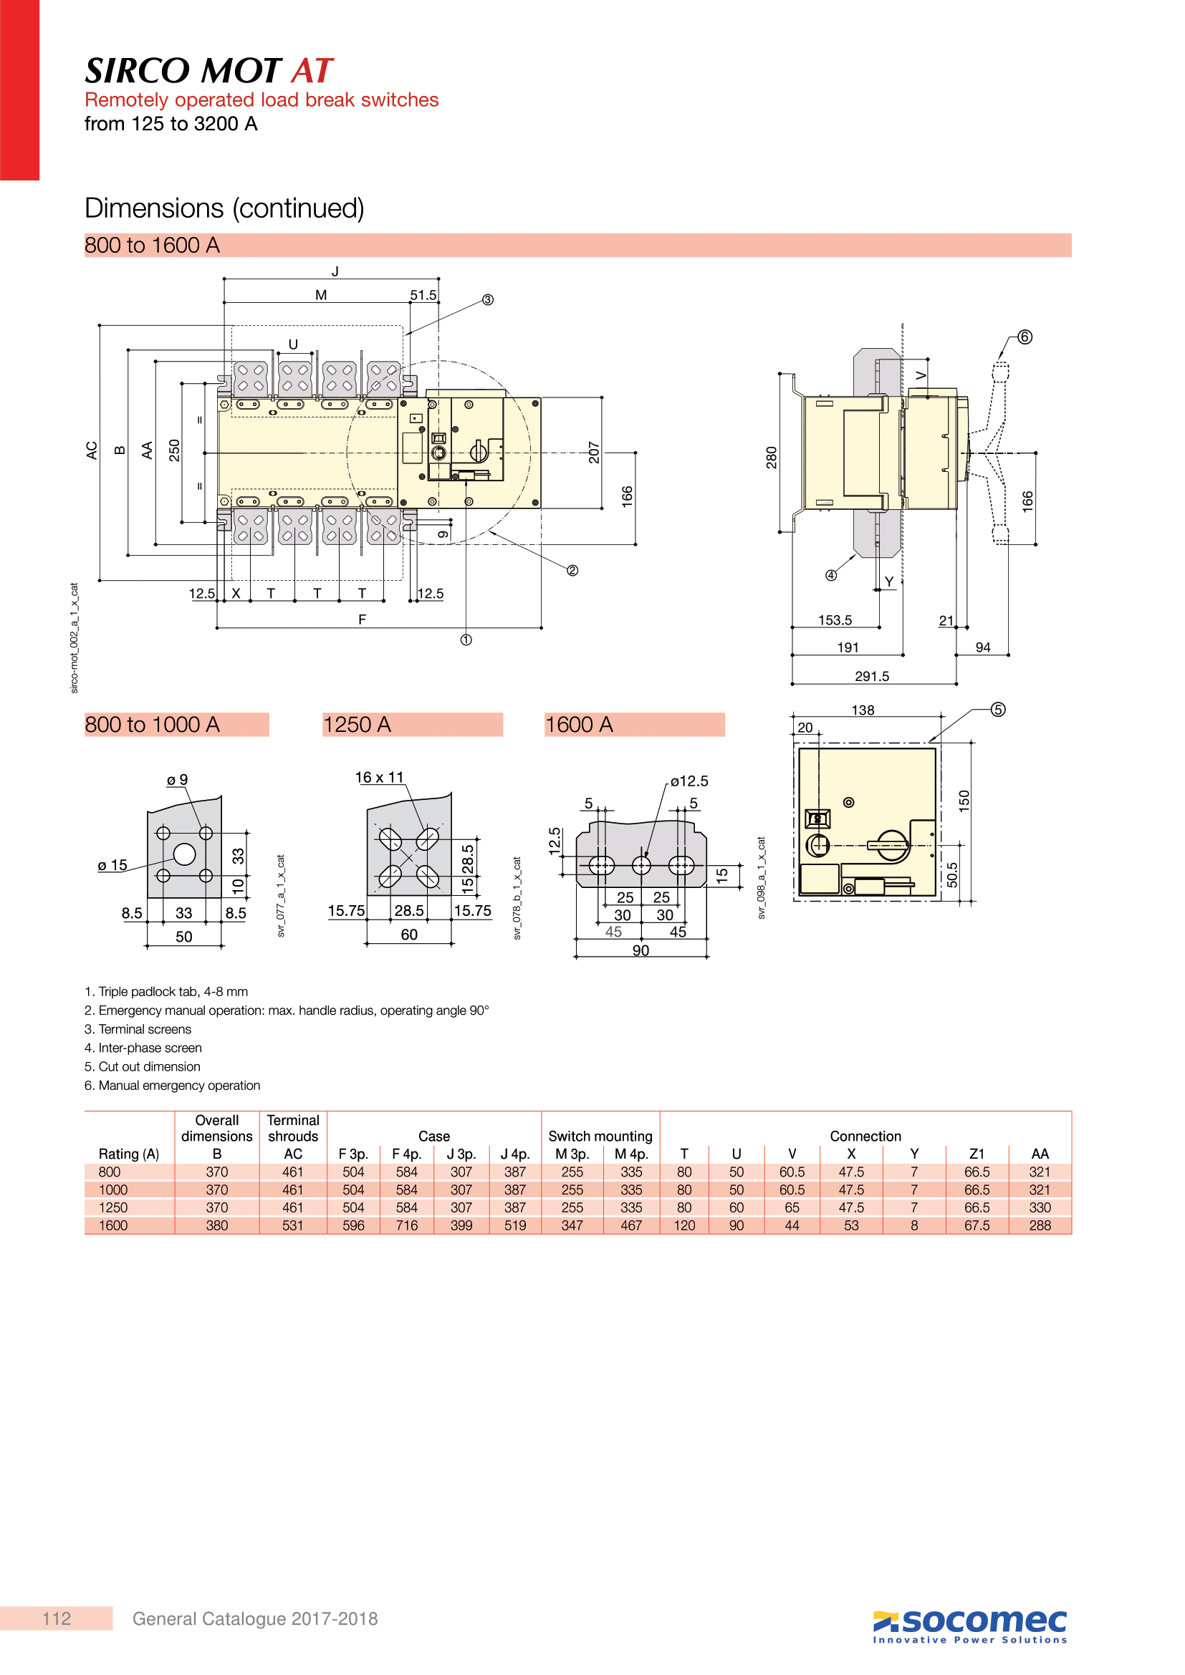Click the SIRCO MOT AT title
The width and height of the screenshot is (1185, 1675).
click(208, 71)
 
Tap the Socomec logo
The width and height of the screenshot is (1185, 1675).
click(970, 1626)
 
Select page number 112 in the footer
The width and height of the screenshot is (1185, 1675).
click(57, 1619)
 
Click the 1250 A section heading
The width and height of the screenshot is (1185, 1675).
click(357, 725)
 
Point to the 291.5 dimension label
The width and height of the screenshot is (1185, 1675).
click(872, 676)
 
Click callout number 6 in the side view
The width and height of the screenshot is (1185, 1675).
click(1025, 337)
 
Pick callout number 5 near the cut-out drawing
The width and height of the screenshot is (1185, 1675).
click(998, 710)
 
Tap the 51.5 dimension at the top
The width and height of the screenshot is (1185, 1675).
click(423, 295)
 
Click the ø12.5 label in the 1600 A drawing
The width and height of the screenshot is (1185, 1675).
click(689, 781)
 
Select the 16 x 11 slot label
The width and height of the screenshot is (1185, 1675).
click(380, 778)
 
